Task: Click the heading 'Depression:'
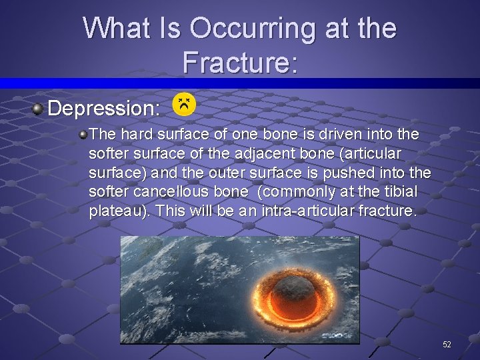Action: point(104,107)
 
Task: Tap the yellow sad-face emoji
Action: point(184,104)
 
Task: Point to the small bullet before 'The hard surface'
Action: point(83,135)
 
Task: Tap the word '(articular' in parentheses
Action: point(373,153)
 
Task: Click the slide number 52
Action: point(447,344)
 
